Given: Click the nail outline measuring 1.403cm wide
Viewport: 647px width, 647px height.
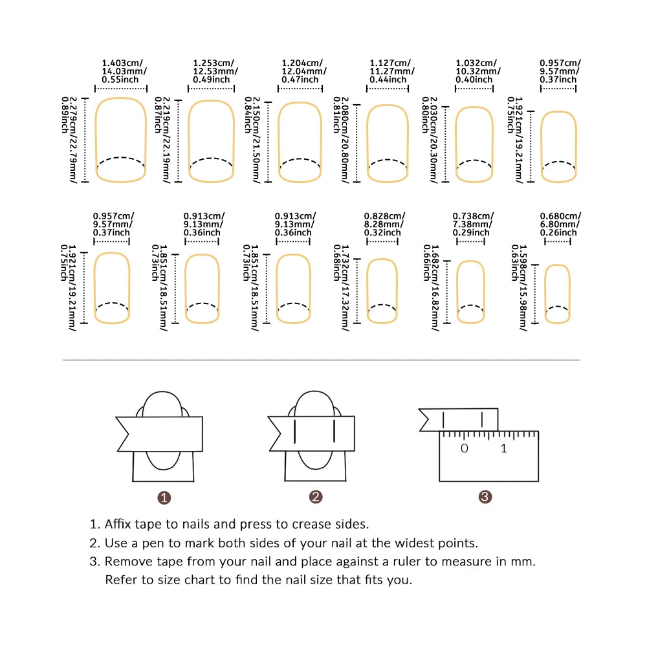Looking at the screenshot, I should click(x=120, y=140).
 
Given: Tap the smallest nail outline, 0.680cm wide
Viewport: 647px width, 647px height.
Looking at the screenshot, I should click(x=558, y=293).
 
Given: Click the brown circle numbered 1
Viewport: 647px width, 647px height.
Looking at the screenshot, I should click(x=164, y=498).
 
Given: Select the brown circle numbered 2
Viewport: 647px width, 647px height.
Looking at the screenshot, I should click(x=316, y=497).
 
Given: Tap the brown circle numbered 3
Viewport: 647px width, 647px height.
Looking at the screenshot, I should click(x=485, y=497).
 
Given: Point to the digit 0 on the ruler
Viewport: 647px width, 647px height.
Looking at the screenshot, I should click(x=464, y=449).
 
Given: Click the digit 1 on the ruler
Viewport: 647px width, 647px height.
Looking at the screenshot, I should click(x=504, y=449).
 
